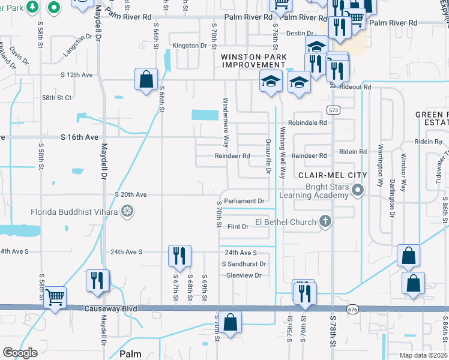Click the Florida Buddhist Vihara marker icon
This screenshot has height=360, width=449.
click(127, 211)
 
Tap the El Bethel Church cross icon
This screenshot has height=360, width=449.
click(325, 222)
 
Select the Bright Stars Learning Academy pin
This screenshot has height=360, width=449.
click(358, 191)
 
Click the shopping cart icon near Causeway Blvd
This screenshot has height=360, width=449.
click(55, 296)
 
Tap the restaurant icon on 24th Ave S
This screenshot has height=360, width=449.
click(179, 255)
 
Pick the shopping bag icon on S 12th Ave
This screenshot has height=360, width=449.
click(146, 79)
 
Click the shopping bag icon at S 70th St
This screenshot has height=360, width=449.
click(230, 321)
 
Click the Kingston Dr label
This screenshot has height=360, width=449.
click(185, 46)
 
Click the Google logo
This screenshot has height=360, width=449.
click(20, 353)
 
